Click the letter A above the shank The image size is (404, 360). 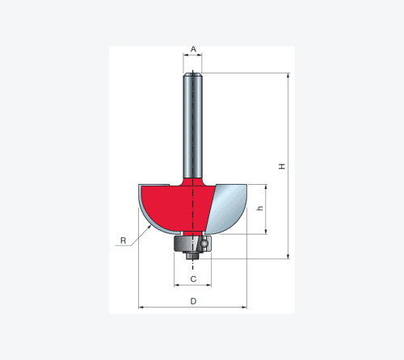(193, 49)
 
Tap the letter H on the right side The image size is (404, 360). (282, 166)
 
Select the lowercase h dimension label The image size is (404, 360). (260, 208)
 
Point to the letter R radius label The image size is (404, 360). (123, 241)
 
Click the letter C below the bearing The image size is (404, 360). (193, 279)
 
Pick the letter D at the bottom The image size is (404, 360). (193, 301)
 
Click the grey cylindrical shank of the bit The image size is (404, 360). (192, 126)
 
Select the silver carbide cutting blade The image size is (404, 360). (228, 208)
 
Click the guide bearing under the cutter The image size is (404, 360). (192, 244)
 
